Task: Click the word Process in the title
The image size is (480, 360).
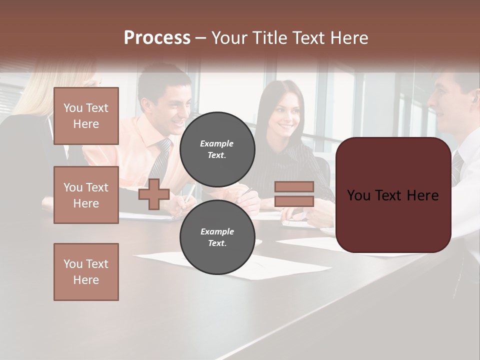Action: point(157,38)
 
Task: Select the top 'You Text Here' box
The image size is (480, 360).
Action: point(86,116)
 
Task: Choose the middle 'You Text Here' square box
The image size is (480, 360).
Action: point(86,195)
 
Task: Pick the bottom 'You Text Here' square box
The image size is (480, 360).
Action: point(86,271)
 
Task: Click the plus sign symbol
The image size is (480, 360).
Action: point(154,194)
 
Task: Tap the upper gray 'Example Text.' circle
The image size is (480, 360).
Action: point(217,149)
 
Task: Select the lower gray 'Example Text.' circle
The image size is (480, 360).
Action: point(217,237)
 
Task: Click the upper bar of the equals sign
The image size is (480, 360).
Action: point(294,186)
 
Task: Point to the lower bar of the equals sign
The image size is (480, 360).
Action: point(294,201)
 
